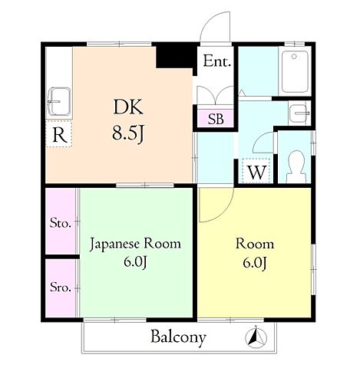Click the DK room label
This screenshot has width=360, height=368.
(128, 107)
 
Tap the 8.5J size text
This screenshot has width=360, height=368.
(128, 133)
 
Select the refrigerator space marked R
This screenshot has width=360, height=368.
(59, 134)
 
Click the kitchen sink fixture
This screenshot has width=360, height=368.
(59, 101)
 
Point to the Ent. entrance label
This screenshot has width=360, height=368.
(216, 61)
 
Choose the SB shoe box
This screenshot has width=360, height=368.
(216, 118)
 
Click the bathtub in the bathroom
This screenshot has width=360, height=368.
(295, 71)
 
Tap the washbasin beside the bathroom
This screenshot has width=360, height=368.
(299, 113)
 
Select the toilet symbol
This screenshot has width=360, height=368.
(296, 166)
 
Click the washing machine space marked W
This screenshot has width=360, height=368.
(256, 171)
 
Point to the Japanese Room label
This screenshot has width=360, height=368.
(135, 244)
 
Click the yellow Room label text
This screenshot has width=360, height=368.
(255, 244)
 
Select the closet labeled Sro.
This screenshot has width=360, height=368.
(61, 287)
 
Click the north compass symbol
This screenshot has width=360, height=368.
(256, 337)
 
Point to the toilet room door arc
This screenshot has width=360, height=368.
(259, 140)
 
